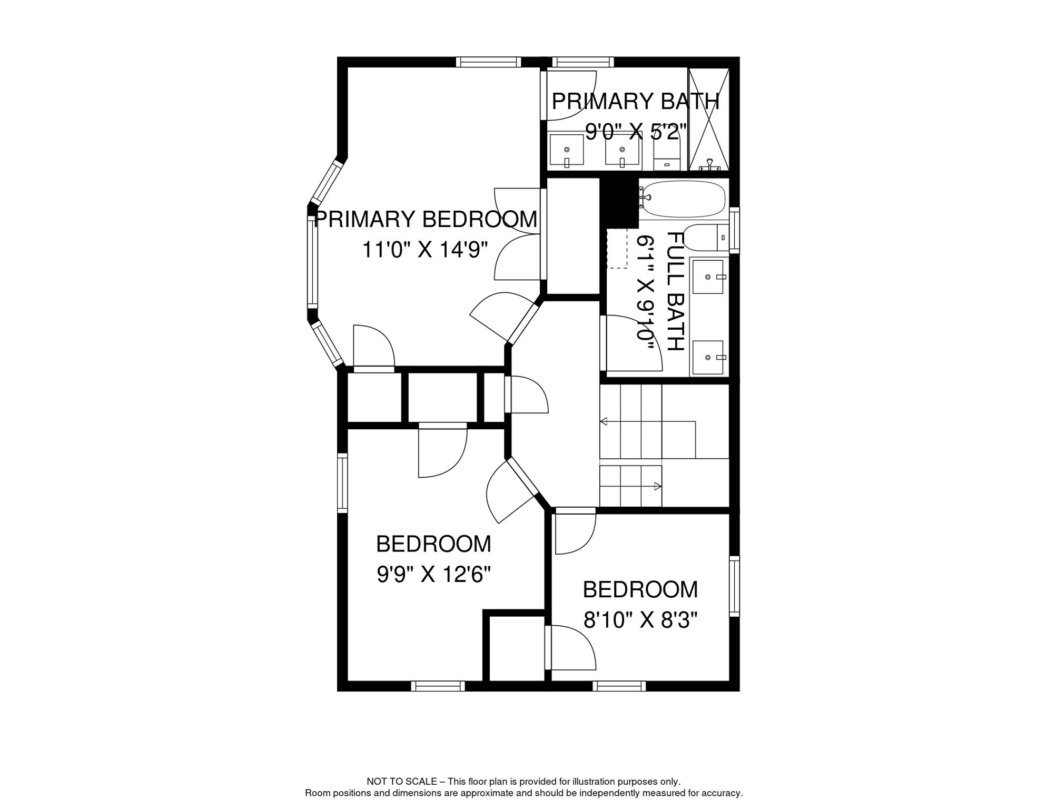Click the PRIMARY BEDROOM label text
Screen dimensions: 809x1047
pyautogui.click(x=425, y=220)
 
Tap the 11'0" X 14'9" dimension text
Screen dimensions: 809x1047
pyautogui.click(x=425, y=250)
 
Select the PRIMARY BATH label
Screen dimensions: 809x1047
pyautogui.click(x=635, y=101)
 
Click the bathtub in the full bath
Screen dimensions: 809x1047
pyautogui.click(x=684, y=199)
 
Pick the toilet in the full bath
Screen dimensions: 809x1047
pyautogui.click(x=706, y=238)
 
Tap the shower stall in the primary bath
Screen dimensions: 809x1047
pyautogui.click(x=709, y=119)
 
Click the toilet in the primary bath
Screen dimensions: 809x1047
pyautogui.click(x=667, y=156)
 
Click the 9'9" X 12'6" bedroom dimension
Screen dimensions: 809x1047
pyautogui.click(x=433, y=575)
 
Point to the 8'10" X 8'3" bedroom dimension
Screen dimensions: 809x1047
pyautogui.click(x=640, y=620)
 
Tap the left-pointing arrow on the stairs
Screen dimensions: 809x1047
pyautogui.click(x=604, y=421)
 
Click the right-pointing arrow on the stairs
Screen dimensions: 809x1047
pyautogui.click(x=657, y=487)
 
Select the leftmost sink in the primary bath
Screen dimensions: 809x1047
pyautogui.click(x=567, y=150)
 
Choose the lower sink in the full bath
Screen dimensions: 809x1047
pyautogui.click(x=708, y=358)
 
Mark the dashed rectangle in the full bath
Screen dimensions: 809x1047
pyautogui.click(x=617, y=249)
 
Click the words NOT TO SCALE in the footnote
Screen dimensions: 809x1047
pyautogui.click(x=401, y=782)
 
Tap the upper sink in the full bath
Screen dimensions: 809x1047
pyautogui.click(x=708, y=277)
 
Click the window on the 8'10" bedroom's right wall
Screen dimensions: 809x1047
pyautogui.click(x=734, y=586)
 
